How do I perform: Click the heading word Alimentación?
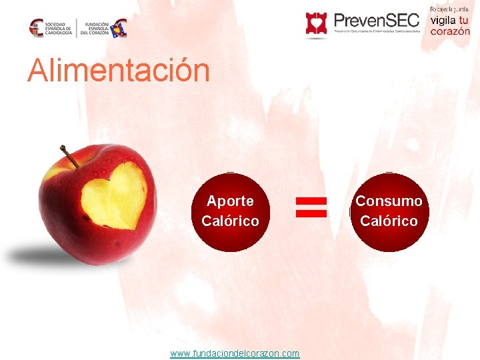(x=118, y=71)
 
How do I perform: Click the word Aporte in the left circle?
(x=230, y=201)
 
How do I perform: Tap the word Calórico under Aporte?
(x=230, y=221)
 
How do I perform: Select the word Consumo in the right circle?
(x=389, y=201)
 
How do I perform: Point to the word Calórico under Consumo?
(x=389, y=221)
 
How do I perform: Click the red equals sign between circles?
(x=311, y=207)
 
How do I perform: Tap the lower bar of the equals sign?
(x=311, y=213)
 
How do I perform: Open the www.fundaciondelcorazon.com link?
(x=235, y=353)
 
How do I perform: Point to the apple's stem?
(x=69, y=156)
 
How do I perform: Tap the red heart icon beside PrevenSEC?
(x=317, y=23)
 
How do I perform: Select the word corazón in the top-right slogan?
(x=449, y=31)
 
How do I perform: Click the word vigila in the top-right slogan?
(x=443, y=20)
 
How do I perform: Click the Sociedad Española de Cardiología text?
(x=59, y=28)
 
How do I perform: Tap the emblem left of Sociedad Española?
(x=37, y=28)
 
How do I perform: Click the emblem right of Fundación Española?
(x=119, y=28)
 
